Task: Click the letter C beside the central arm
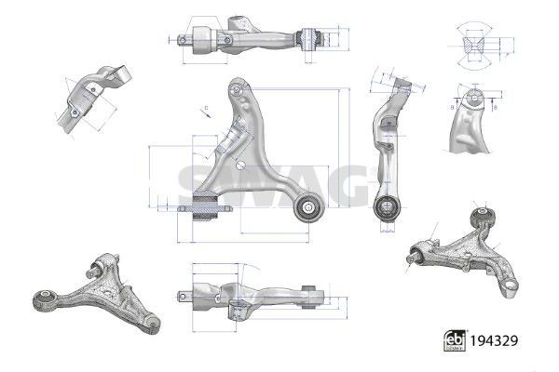coord(203,108)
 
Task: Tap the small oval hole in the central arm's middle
coord(241,164)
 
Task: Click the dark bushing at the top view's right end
coord(312,38)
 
